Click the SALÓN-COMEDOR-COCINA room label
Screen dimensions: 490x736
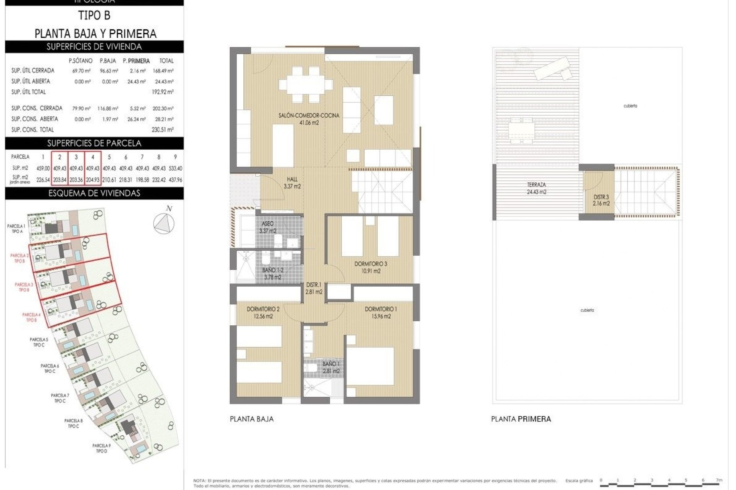point(309,115)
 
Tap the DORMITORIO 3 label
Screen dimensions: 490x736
point(370,264)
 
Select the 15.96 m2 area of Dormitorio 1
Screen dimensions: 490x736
point(381,316)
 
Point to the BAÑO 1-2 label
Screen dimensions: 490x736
point(273,270)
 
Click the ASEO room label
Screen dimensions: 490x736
point(268,224)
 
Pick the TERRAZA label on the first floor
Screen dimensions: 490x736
point(536,185)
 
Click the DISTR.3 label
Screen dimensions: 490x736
point(601,197)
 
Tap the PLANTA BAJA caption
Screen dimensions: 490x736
point(251,419)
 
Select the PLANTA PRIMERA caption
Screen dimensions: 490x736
point(521,419)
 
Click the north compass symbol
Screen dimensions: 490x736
point(164,222)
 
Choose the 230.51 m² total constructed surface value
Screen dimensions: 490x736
point(163,130)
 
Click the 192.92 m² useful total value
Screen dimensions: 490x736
point(163,92)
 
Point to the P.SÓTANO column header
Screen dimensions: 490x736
point(80,61)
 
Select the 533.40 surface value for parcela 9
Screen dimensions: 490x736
point(175,168)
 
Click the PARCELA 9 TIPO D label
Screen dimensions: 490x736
point(102,448)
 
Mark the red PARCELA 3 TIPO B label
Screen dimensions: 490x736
point(24,287)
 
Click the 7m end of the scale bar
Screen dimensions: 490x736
point(719,480)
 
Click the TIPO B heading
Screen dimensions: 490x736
point(94,16)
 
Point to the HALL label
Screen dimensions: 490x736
point(292,179)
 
